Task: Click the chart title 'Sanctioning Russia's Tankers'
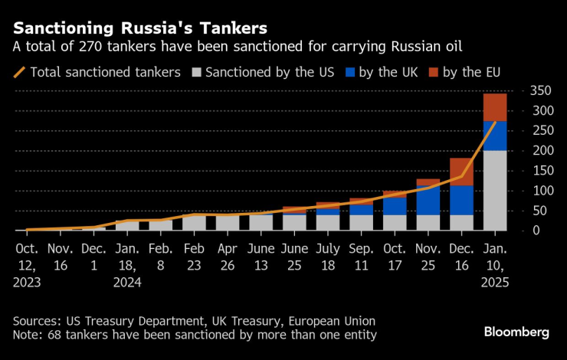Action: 140,28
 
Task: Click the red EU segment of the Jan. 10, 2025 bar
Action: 494,107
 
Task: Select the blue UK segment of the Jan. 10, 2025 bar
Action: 494,136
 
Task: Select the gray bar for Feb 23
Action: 193,223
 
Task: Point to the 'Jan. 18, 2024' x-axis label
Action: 126,264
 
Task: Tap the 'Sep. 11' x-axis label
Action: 361,257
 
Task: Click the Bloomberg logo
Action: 516,332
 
